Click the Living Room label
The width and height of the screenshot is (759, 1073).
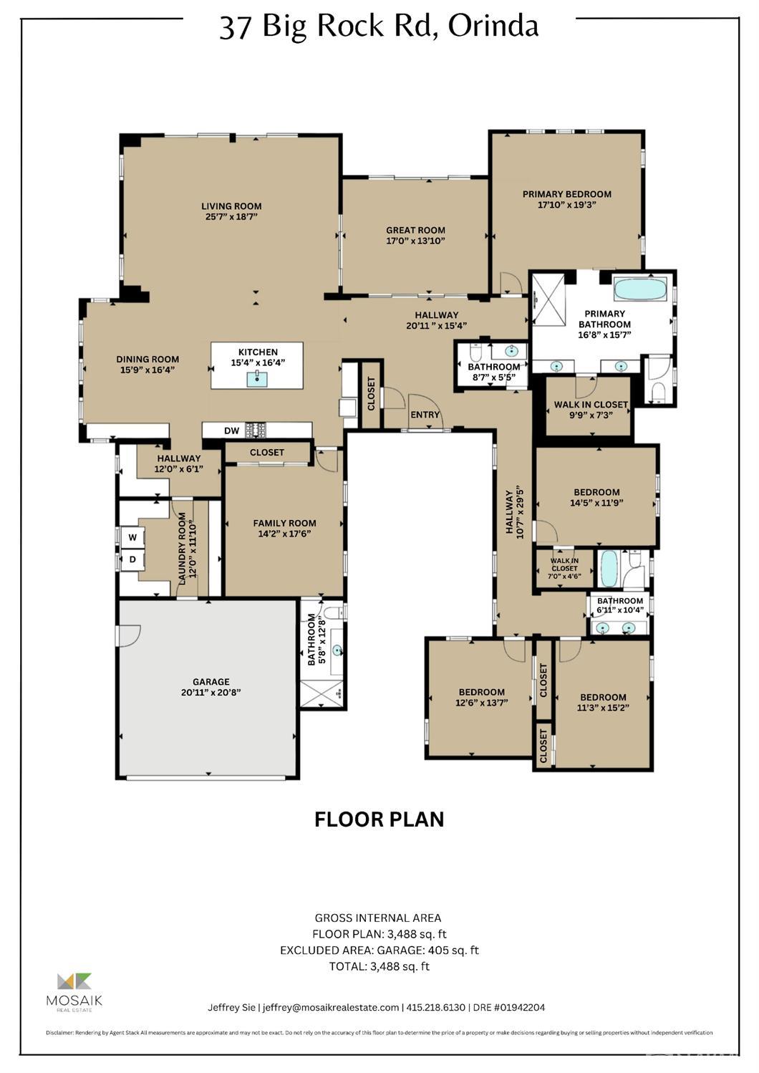click(231, 206)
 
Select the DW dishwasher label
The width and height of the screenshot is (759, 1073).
click(231, 430)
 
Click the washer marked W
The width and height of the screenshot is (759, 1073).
click(132, 537)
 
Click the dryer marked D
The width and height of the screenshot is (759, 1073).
click(132, 559)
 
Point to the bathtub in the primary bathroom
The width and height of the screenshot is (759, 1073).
click(640, 289)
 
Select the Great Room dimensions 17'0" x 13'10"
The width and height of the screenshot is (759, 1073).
click(415, 241)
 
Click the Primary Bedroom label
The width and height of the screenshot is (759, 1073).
click(566, 194)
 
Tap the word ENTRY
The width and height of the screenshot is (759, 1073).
click(425, 415)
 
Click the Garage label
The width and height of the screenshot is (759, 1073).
click(211, 682)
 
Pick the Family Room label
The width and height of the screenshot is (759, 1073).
click(284, 523)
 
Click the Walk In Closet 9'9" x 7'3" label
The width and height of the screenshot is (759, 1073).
click(590, 405)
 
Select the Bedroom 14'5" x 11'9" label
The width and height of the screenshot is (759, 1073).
click(596, 492)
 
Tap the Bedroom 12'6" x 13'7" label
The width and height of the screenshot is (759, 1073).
click(481, 692)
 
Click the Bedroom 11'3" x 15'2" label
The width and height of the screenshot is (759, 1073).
click(603, 697)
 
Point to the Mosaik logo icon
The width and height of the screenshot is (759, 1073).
click(74, 982)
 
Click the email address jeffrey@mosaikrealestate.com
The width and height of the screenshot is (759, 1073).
click(331, 1007)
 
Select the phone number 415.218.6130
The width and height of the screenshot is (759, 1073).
click(435, 1007)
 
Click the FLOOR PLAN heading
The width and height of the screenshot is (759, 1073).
click(379, 819)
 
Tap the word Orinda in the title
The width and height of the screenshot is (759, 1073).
click(493, 27)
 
